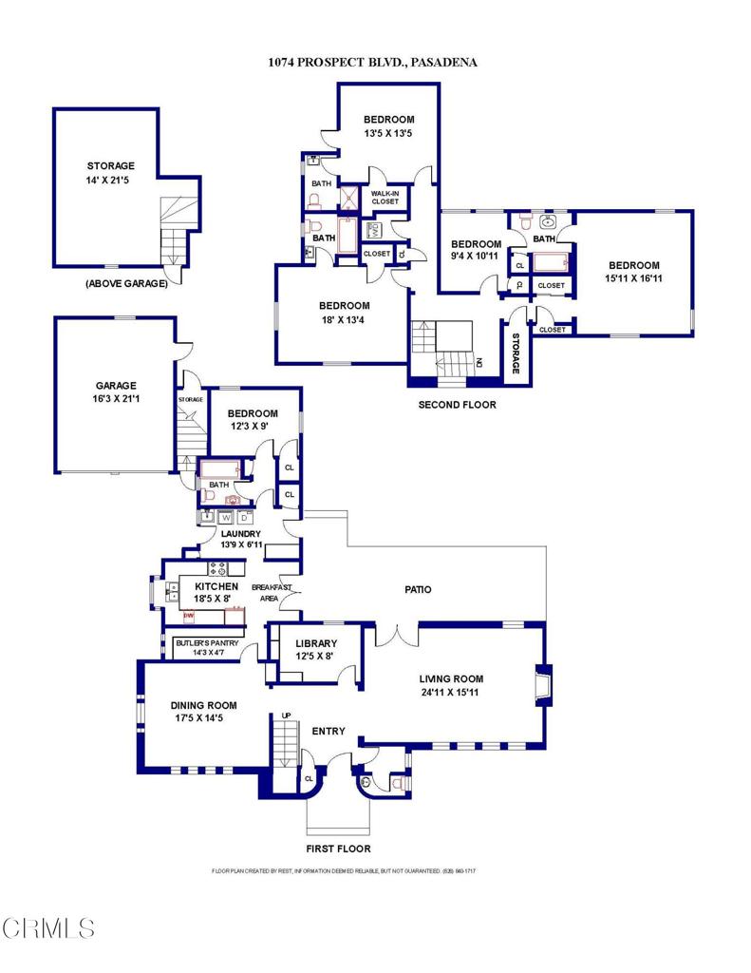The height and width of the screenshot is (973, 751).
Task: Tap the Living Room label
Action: tap(452, 678)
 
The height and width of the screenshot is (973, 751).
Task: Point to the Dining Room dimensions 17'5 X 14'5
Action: tap(203, 718)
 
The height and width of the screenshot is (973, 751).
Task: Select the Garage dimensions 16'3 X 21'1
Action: tap(116, 399)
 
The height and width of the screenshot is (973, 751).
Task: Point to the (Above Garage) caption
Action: tap(126, 282)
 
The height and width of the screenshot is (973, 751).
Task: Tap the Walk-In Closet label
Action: tap(385, 197)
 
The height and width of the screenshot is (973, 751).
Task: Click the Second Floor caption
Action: tap(458, 405)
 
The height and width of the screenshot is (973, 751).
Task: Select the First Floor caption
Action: tap(338, 849)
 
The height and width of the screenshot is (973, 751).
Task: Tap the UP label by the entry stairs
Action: tap(285, 715)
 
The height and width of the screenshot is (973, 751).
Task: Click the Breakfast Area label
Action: tap(272, 593)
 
